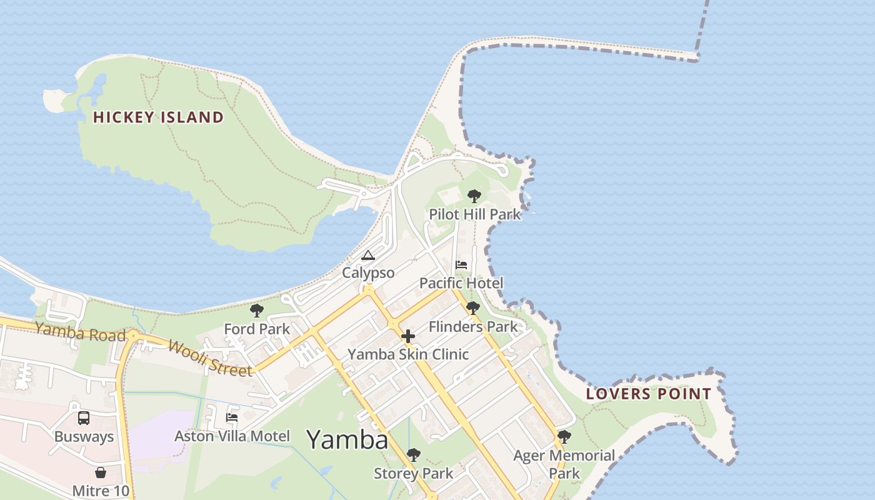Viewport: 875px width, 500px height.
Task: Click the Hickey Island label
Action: [x=158, y=117]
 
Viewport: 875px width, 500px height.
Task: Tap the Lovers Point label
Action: [x=649, y=394]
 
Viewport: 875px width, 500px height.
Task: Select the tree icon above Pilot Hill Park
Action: [x=474, y=196]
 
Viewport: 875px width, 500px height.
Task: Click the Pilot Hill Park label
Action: [x=474, y=214]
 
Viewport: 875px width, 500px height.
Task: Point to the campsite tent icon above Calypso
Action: [x=368, y=256]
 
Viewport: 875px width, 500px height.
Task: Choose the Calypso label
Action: [x=368, y=273]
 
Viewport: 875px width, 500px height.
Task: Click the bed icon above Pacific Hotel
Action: [x=461, y=265]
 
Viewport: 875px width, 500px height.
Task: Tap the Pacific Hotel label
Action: [x=461, y=283]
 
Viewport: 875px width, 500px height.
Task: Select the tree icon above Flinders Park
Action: [x=473, y=308]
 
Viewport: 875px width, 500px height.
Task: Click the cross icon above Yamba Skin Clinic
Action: [x=408, y=336]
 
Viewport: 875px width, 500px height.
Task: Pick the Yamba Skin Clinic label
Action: [x=408, y=354]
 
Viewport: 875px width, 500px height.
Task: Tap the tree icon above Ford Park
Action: [x=257, y=311]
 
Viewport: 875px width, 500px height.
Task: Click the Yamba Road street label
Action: [x=80, y=332]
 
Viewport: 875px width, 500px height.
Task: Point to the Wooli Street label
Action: [x=210, y=358]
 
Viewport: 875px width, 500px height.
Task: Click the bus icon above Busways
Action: [x=84, y=418]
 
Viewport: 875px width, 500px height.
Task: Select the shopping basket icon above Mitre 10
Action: [x=101, y=472]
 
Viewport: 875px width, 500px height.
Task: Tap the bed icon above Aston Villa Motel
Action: [x=232, y=417]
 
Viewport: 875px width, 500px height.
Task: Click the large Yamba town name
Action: [x=347, y=440]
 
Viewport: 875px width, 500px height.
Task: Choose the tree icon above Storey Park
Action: [x=413, y=455]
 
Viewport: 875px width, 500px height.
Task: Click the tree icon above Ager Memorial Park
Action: [x=564, y=437]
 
